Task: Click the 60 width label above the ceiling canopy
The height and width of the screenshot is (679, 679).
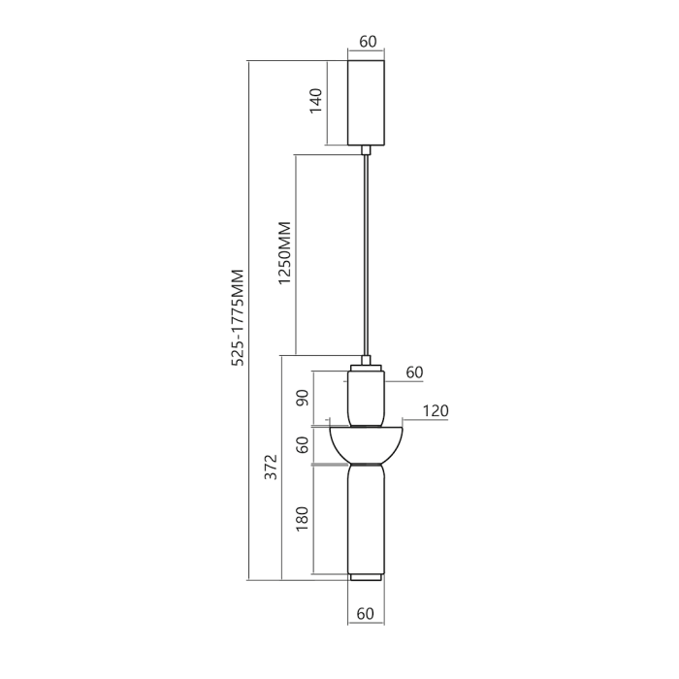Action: coord(368,42)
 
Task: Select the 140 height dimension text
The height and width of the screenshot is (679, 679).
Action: coord(315,100)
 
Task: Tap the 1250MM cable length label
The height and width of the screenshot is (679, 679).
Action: coord(284,253)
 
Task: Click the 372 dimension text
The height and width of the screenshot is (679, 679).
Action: coord(272,469)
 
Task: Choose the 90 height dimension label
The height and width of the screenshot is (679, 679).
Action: coord(302,399)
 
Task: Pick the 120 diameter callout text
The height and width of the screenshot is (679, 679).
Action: coord(436,411)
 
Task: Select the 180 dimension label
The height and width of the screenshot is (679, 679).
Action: coord(302,519)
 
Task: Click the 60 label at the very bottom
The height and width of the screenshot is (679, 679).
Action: coord(366,613)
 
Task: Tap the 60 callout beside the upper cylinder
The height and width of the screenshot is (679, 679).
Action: coord(414,372)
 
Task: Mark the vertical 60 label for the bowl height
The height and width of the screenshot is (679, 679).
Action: coord(302,445)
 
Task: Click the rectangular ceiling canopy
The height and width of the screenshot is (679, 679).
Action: coord(367,103)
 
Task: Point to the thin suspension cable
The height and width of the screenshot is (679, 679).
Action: coord(366,252)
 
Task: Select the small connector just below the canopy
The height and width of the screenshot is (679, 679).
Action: coord(366,149)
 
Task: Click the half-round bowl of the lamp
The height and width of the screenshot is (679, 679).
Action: coord(366,441)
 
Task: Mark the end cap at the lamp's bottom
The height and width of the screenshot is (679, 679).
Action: coord(366,578)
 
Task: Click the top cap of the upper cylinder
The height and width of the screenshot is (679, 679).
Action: coord(366,365)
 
